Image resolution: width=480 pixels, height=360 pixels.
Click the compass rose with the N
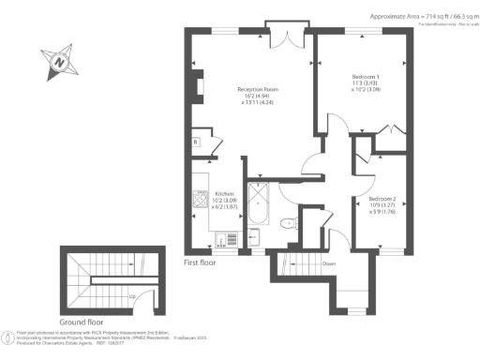point(60,63)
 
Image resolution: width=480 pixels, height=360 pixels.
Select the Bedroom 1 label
point(365,76)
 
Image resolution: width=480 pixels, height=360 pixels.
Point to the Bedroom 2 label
point(382,199)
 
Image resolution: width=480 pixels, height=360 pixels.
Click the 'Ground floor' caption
point(81,321)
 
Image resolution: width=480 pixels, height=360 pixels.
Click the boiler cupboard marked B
point(195,142)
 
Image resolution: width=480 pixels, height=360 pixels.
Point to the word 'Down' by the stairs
point(328,264)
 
